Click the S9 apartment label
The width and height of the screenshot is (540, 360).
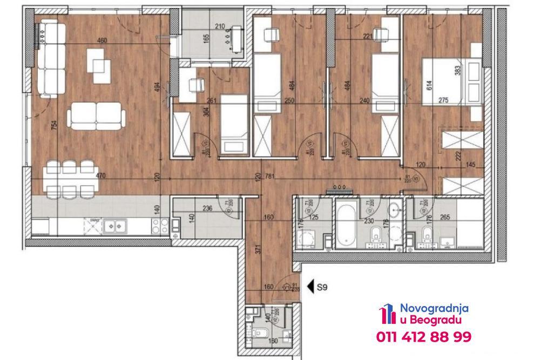tap(322, 288)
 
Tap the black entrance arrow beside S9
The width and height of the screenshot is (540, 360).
tap(310, 287)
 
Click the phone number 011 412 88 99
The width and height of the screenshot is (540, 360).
tap(423, 337)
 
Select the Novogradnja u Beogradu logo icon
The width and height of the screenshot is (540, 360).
tap(386, 315)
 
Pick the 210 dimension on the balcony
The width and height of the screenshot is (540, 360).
tap(220, 26)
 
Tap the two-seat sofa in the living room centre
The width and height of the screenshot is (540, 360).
tap(96, 116)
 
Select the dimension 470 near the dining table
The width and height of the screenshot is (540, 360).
tap(100, 176)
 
